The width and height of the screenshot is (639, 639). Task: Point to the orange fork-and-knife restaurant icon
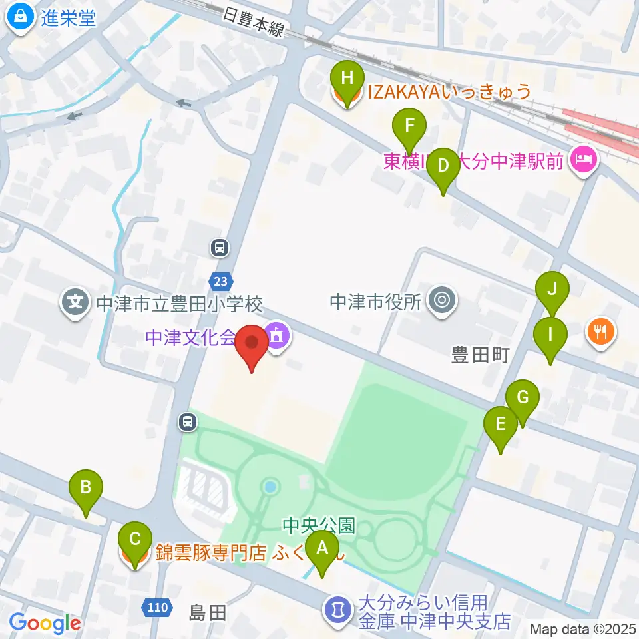601,331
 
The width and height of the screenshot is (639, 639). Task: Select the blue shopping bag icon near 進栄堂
21,18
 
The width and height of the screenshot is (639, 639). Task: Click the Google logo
45,623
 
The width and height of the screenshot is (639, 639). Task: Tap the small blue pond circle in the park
270,487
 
